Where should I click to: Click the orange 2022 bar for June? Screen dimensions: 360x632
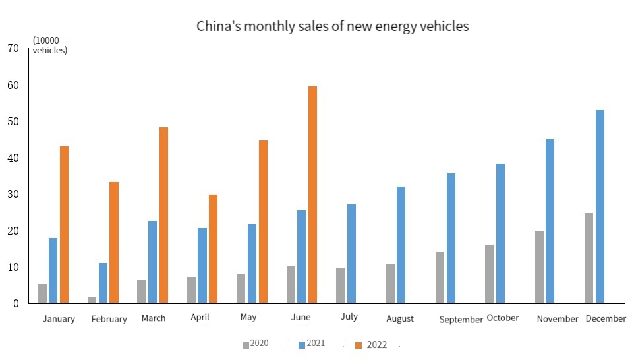click(313, 195)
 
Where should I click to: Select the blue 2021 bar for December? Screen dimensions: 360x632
click(600, 206)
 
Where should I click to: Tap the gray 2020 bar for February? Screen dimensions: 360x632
click(92, 300)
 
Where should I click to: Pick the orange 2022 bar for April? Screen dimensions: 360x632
click(213, 249)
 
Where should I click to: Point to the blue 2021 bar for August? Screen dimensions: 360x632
click(401, 245)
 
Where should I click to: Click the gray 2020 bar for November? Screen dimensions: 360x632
click(539, 267)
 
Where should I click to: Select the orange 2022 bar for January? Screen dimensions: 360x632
click(65, 225)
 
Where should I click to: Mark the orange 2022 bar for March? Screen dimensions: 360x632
click(163, 215)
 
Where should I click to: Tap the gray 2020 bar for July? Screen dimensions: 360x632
click(340, 285)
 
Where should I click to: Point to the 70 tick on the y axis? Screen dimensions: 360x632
click(13, 48)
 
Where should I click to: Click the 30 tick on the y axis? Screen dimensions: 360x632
click(13, 195)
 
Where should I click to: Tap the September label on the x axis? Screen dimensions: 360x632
click(461, 320)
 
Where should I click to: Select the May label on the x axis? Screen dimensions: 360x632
click(248, 317)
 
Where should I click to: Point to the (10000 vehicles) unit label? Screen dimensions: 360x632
click(50, 45)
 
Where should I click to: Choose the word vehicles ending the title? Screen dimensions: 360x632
click(444, 26)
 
